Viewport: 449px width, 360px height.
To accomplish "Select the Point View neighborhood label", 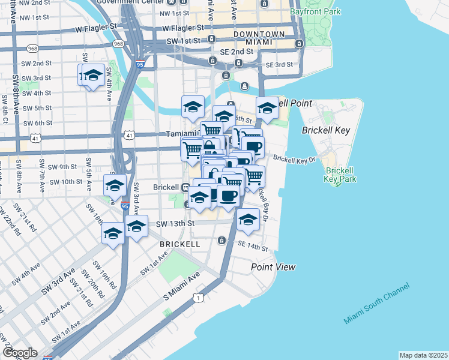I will (273, 267).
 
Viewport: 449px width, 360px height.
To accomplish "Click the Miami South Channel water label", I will (376, 304).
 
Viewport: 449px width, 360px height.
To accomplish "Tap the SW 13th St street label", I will (175, 224).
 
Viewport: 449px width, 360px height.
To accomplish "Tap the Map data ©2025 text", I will (423, 355).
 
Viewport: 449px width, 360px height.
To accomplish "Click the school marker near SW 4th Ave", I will (92, 76).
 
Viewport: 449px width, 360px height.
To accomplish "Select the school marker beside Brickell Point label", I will (267, 108).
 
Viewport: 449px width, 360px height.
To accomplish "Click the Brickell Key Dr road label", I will (294, 158).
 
